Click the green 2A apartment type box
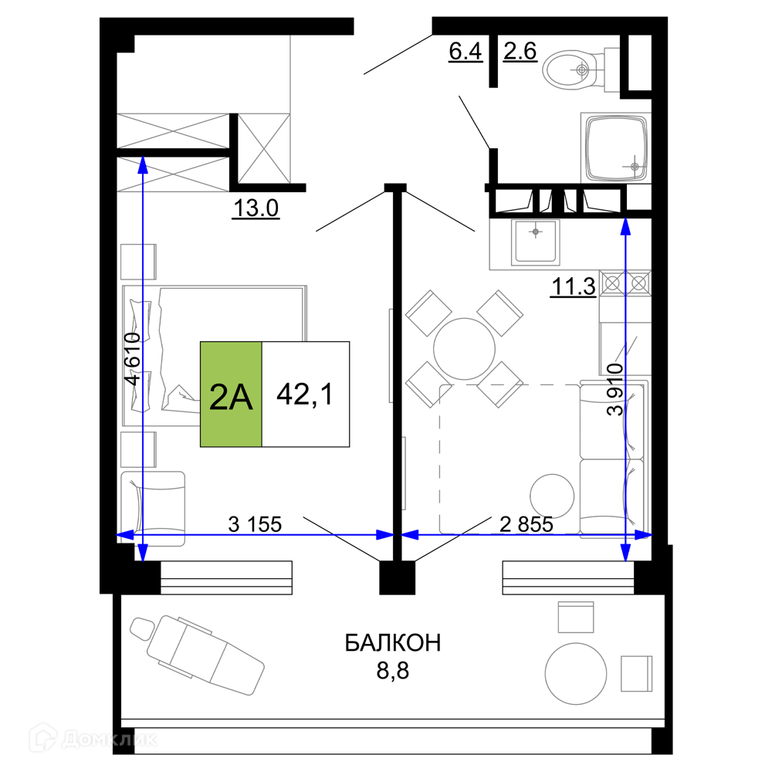click(231, 394)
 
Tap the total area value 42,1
click(305, 394)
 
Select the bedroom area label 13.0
click(256, 208)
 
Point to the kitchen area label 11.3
click(574, 286)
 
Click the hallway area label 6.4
click(466, 51)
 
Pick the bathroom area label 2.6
click(520, 51)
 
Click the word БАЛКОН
click(393, 643)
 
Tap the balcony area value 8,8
click(393, 671)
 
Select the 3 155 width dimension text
click(255, 524)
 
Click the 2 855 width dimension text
click(527, 524)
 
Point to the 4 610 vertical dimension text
click(133, 359)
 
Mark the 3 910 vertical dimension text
click(615, 390)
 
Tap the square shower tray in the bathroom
click(616, 147)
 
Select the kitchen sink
click(536, 242)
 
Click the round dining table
click(464, 349)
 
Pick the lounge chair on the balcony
click(197, 655)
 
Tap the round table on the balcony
click(576, 673)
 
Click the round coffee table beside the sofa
click(552, 496)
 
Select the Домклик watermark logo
click(93, 739)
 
